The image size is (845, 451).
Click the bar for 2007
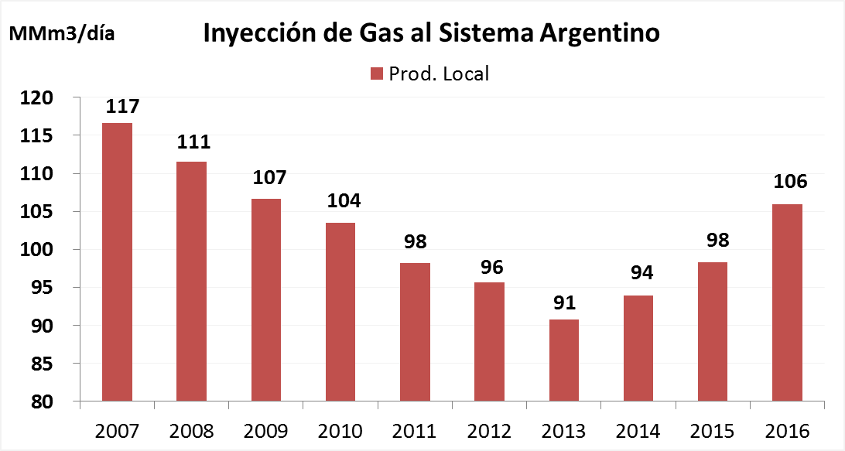117,262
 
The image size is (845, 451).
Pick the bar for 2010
340,312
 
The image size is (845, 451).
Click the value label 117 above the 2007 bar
118,106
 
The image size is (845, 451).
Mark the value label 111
193,142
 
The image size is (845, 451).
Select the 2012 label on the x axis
489,430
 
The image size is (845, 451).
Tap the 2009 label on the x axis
265,430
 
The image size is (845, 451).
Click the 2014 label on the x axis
638,430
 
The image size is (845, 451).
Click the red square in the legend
377,73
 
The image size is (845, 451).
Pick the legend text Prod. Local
439,73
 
